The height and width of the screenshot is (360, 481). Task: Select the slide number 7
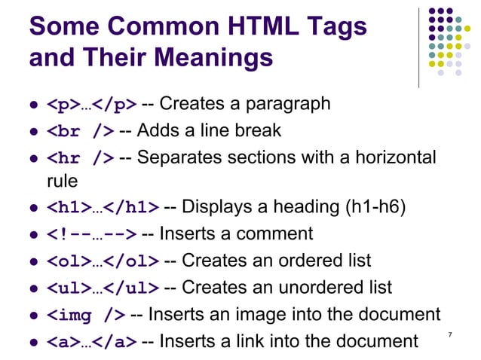pyautogui.click(x=450, y=334)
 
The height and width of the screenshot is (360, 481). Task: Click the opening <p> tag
pyautogui.click(x=63, y=103)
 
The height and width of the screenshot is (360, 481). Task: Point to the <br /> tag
pyautogui.click(x=81, y=130)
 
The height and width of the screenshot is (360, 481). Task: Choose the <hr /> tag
pyautogui.click(x=81, y=158)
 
